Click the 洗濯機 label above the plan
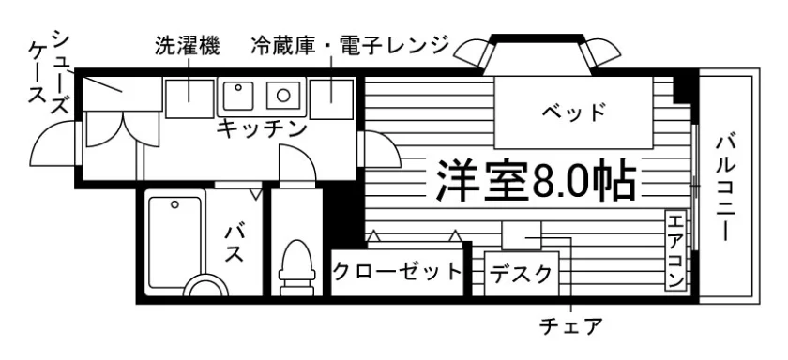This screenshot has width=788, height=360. click(x=187, y=46)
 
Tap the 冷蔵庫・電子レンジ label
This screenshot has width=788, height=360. click(x=350, y=46)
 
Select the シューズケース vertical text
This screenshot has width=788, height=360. click(x=48, y=72)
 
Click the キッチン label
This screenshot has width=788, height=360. click(x=262, y=129)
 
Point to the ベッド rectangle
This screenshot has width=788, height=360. click(x=573, y=112)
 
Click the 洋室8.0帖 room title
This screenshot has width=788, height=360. click(x=537, y=180)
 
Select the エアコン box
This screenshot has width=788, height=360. click(x=675, y=250)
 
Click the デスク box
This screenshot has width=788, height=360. click(x=522, y=274)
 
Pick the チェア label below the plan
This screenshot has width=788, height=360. click(x=570, y=326)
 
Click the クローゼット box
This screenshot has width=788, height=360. click(x=397, y=272)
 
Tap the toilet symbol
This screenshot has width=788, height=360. click(x=297, y=267)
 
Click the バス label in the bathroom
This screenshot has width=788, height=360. click(x=234, y=244)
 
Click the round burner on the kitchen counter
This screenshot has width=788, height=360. click(x=284, y=94)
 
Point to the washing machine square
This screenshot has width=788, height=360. click(x=189, y=97)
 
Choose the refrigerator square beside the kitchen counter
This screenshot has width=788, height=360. click(x=332, y=97)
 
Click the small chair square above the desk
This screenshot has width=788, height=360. click(x=522, y=235)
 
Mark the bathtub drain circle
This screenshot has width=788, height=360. click(x=174, y=204)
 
